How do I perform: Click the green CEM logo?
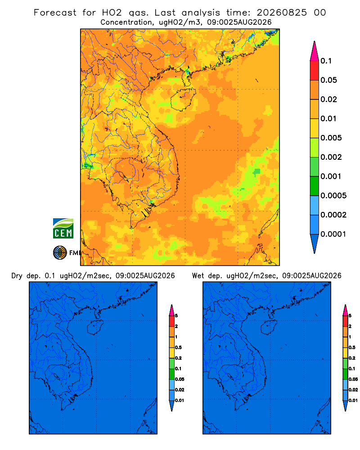(x=63, y=228)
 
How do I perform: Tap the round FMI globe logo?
(x=60, y=253)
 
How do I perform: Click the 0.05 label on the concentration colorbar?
(x=328, y=80)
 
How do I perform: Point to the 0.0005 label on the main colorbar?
(x=333, y=195)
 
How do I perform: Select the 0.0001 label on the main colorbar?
(x=333, y=234)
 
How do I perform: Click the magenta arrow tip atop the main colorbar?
(x=315, y=51)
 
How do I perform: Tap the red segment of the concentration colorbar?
(x=315, y=71)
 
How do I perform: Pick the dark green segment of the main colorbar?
(x=315, y=186)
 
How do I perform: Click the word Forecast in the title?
(x=55, y=13)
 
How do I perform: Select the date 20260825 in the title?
(x=282, y=13)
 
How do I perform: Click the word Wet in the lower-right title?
(x=198, y=276)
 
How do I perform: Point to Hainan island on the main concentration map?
(x=183, y=99)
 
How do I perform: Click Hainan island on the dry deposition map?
(x=95, y=327)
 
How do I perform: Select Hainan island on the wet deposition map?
(x=269, y=327)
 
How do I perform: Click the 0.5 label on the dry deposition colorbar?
(x=178, y=347)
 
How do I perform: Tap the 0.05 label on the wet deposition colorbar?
(x=353, y=379)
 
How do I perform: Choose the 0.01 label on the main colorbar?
(x=328, y=118)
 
